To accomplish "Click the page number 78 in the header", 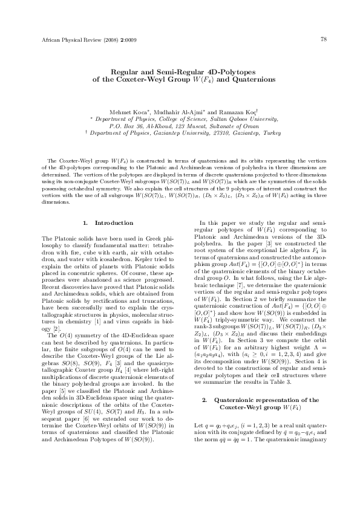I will (324, 40).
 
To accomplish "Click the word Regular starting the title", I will (117, 71).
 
